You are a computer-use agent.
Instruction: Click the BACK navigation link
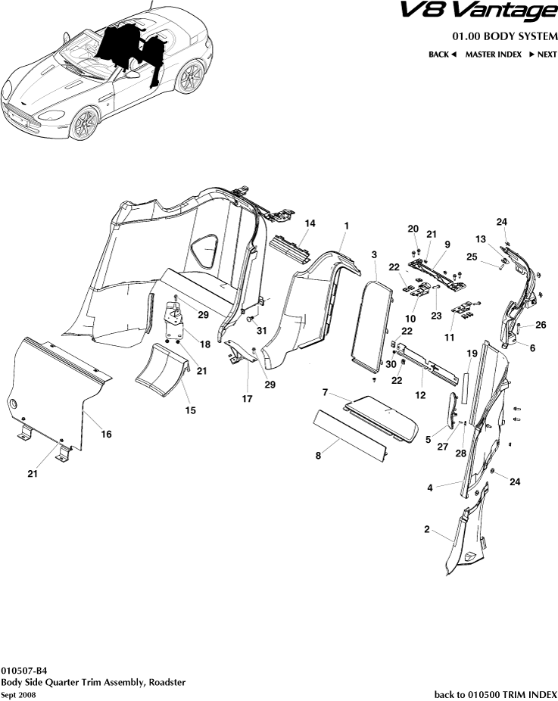pyautogui.click(x=442, y=55)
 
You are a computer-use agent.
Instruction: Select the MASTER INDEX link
pyautogui.click(x=494, y=55)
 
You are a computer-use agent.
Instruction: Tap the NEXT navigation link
pyautogui.click(x=543, y=55)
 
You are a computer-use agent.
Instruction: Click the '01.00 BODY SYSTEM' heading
pyautogui.click(x=504, y=36)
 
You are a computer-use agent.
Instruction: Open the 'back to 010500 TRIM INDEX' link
pyautogui.click(x=495, y=694)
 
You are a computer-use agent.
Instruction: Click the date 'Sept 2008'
pyautogui.click(x=18, y=694)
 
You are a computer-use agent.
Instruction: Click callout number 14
pyautogui.click(x=310, y=223)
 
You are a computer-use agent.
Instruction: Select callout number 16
pyautogui.click(x=106, y=434)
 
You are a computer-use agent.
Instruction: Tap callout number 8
pyautogui.click(x=318, y=455)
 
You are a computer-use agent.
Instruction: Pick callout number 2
pyautogui.click(x=427, y=529)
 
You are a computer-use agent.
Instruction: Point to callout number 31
pyautogui.click(x=262, y=330)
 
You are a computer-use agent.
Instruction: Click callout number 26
pyautogui.click(x=541, y=326)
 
